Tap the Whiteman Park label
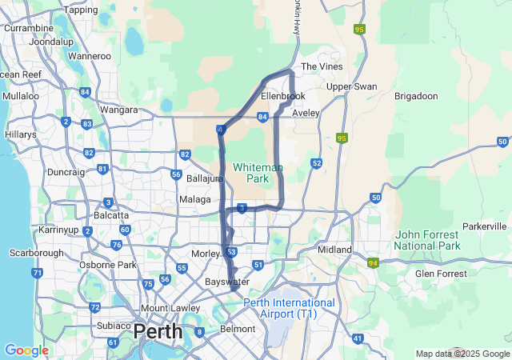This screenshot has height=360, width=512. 258,173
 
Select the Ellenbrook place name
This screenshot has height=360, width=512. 282,96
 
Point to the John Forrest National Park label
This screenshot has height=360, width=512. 427,239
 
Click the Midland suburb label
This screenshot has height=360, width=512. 335,250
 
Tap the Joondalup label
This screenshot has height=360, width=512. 51,41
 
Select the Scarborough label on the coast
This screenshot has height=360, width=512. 36,253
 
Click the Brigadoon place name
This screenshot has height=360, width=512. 416,96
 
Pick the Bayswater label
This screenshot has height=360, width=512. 227,282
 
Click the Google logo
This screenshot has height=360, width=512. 26,350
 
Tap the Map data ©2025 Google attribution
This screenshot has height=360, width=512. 462,354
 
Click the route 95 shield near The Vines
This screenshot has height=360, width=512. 359,30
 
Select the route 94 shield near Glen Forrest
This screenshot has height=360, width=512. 373,262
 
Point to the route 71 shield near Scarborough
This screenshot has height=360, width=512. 37,274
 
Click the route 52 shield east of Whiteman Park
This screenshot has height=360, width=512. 317,163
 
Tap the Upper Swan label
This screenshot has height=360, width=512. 351,86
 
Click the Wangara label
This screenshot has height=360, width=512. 119,110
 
